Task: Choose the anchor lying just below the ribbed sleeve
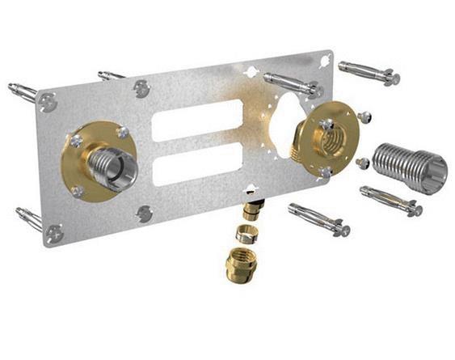click(391, 201)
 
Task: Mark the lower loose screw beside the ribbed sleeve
click(363, 163)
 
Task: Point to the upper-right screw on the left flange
click(122, 132)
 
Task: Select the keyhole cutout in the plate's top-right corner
click(324, 59)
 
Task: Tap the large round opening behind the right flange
click(287, 129)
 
